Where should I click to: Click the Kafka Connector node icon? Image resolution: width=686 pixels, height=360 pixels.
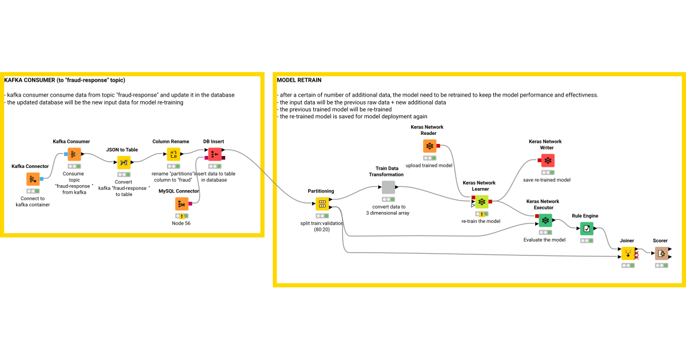(33, 179)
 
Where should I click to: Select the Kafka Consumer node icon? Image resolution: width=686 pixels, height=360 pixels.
(74, 154)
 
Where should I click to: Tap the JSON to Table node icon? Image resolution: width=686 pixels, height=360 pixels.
(124, 163)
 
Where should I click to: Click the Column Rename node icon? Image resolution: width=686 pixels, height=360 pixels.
(173, 154)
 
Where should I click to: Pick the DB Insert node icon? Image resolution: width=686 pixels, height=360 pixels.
(214, 154)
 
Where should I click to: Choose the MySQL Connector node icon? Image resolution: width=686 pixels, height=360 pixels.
(182, 204)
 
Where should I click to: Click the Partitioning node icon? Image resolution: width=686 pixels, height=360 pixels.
(322, 204)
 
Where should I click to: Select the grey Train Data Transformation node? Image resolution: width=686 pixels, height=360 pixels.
(388, 187)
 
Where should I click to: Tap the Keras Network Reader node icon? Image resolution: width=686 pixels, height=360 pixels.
(430, 146)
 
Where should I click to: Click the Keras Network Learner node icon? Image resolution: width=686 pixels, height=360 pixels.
(481, 202)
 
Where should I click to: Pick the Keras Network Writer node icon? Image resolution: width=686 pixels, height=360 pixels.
(548, 161)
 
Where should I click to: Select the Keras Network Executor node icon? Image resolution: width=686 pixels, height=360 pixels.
(545, 220)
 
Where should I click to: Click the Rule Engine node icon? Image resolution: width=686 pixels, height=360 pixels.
(587, 229)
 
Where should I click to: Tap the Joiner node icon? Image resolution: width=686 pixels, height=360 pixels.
(628, 253)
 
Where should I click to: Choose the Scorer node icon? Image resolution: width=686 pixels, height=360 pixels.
(661, 253)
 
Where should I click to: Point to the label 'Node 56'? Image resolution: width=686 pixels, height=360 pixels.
(181, 223)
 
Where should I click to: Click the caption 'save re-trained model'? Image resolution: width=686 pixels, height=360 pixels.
(547, 179)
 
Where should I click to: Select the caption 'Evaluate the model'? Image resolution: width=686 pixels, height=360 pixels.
(544, 239)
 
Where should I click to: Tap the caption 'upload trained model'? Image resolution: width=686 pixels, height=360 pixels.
(429, 165)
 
